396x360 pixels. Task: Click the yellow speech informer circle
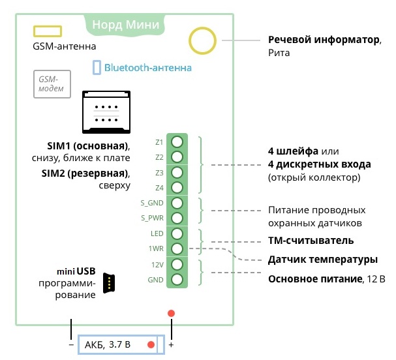click(x=202, y=40)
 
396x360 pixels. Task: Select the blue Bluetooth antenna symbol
click(x=97, y=67)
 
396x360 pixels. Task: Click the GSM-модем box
click(x=52, y=83)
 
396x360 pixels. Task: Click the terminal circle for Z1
click(x=177, y=142)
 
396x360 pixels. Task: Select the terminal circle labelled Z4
click(x=177, y=187)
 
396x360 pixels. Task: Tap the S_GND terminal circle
click(x=177, y=203)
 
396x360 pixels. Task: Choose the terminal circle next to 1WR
click(x=177, y=248)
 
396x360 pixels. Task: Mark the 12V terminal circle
click(x=177, y=264)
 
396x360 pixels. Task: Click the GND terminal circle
click(x=177, y=280)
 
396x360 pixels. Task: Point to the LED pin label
click(x=157, y=233)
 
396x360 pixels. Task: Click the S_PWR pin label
click(x=152, y=218)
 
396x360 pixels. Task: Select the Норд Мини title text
click(x=135, y=25)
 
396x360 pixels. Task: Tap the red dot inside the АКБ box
click(x=151, y=344)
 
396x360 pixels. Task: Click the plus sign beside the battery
click(x=172, y=344)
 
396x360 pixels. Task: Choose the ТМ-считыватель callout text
click(x=311, y=241)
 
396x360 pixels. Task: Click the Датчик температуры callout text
click(x=322, y=260)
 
